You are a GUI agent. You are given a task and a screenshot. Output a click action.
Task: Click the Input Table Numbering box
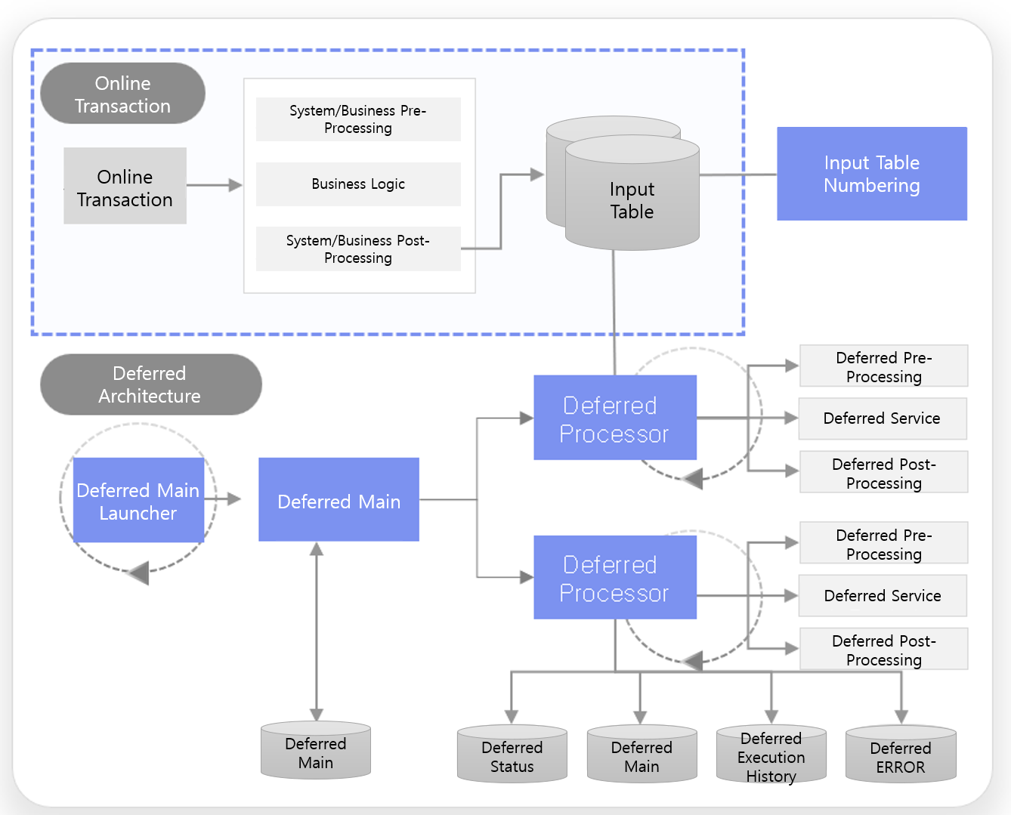[x=871, y=174]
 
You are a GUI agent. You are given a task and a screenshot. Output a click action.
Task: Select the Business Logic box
[x=358, y=184]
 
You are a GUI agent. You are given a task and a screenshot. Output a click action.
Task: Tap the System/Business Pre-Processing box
[x=358, y=119]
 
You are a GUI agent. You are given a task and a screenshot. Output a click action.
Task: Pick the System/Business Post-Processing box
[x=358, y=249]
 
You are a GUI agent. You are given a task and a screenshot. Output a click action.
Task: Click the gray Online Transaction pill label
[x=122, y=94]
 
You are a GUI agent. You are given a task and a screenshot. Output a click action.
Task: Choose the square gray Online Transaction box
[x=125, y=186]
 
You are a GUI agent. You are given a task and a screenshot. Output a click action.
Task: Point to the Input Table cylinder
[x=632, y=200]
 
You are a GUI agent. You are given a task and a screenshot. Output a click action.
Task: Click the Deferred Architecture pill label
[x=150, y=384]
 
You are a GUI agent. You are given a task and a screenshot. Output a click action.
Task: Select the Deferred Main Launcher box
[x=138, y=500]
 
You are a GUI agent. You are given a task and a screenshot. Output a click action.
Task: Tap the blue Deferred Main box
[x=339, y=500]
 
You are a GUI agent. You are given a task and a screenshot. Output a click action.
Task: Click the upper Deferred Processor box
[x=614, y=418]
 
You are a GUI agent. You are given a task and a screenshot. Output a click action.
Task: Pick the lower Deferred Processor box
[x=614, y=578]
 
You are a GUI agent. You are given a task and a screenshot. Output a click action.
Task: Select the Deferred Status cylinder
[x=512, y=755]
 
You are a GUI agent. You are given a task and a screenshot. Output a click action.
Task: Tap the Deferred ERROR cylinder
[x=900, y=755]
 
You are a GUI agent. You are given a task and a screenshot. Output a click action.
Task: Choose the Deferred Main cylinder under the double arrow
[x=315, y=751]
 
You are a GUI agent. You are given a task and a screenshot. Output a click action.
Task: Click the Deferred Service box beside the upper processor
[x=882, y=418]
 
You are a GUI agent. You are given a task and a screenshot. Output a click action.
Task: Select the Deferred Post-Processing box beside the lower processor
[x=883, y=649]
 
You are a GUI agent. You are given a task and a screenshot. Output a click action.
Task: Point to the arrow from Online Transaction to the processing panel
[x=215, y=185]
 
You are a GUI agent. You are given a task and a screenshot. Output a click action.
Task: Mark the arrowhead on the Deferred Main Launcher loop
[x=139, y=573]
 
